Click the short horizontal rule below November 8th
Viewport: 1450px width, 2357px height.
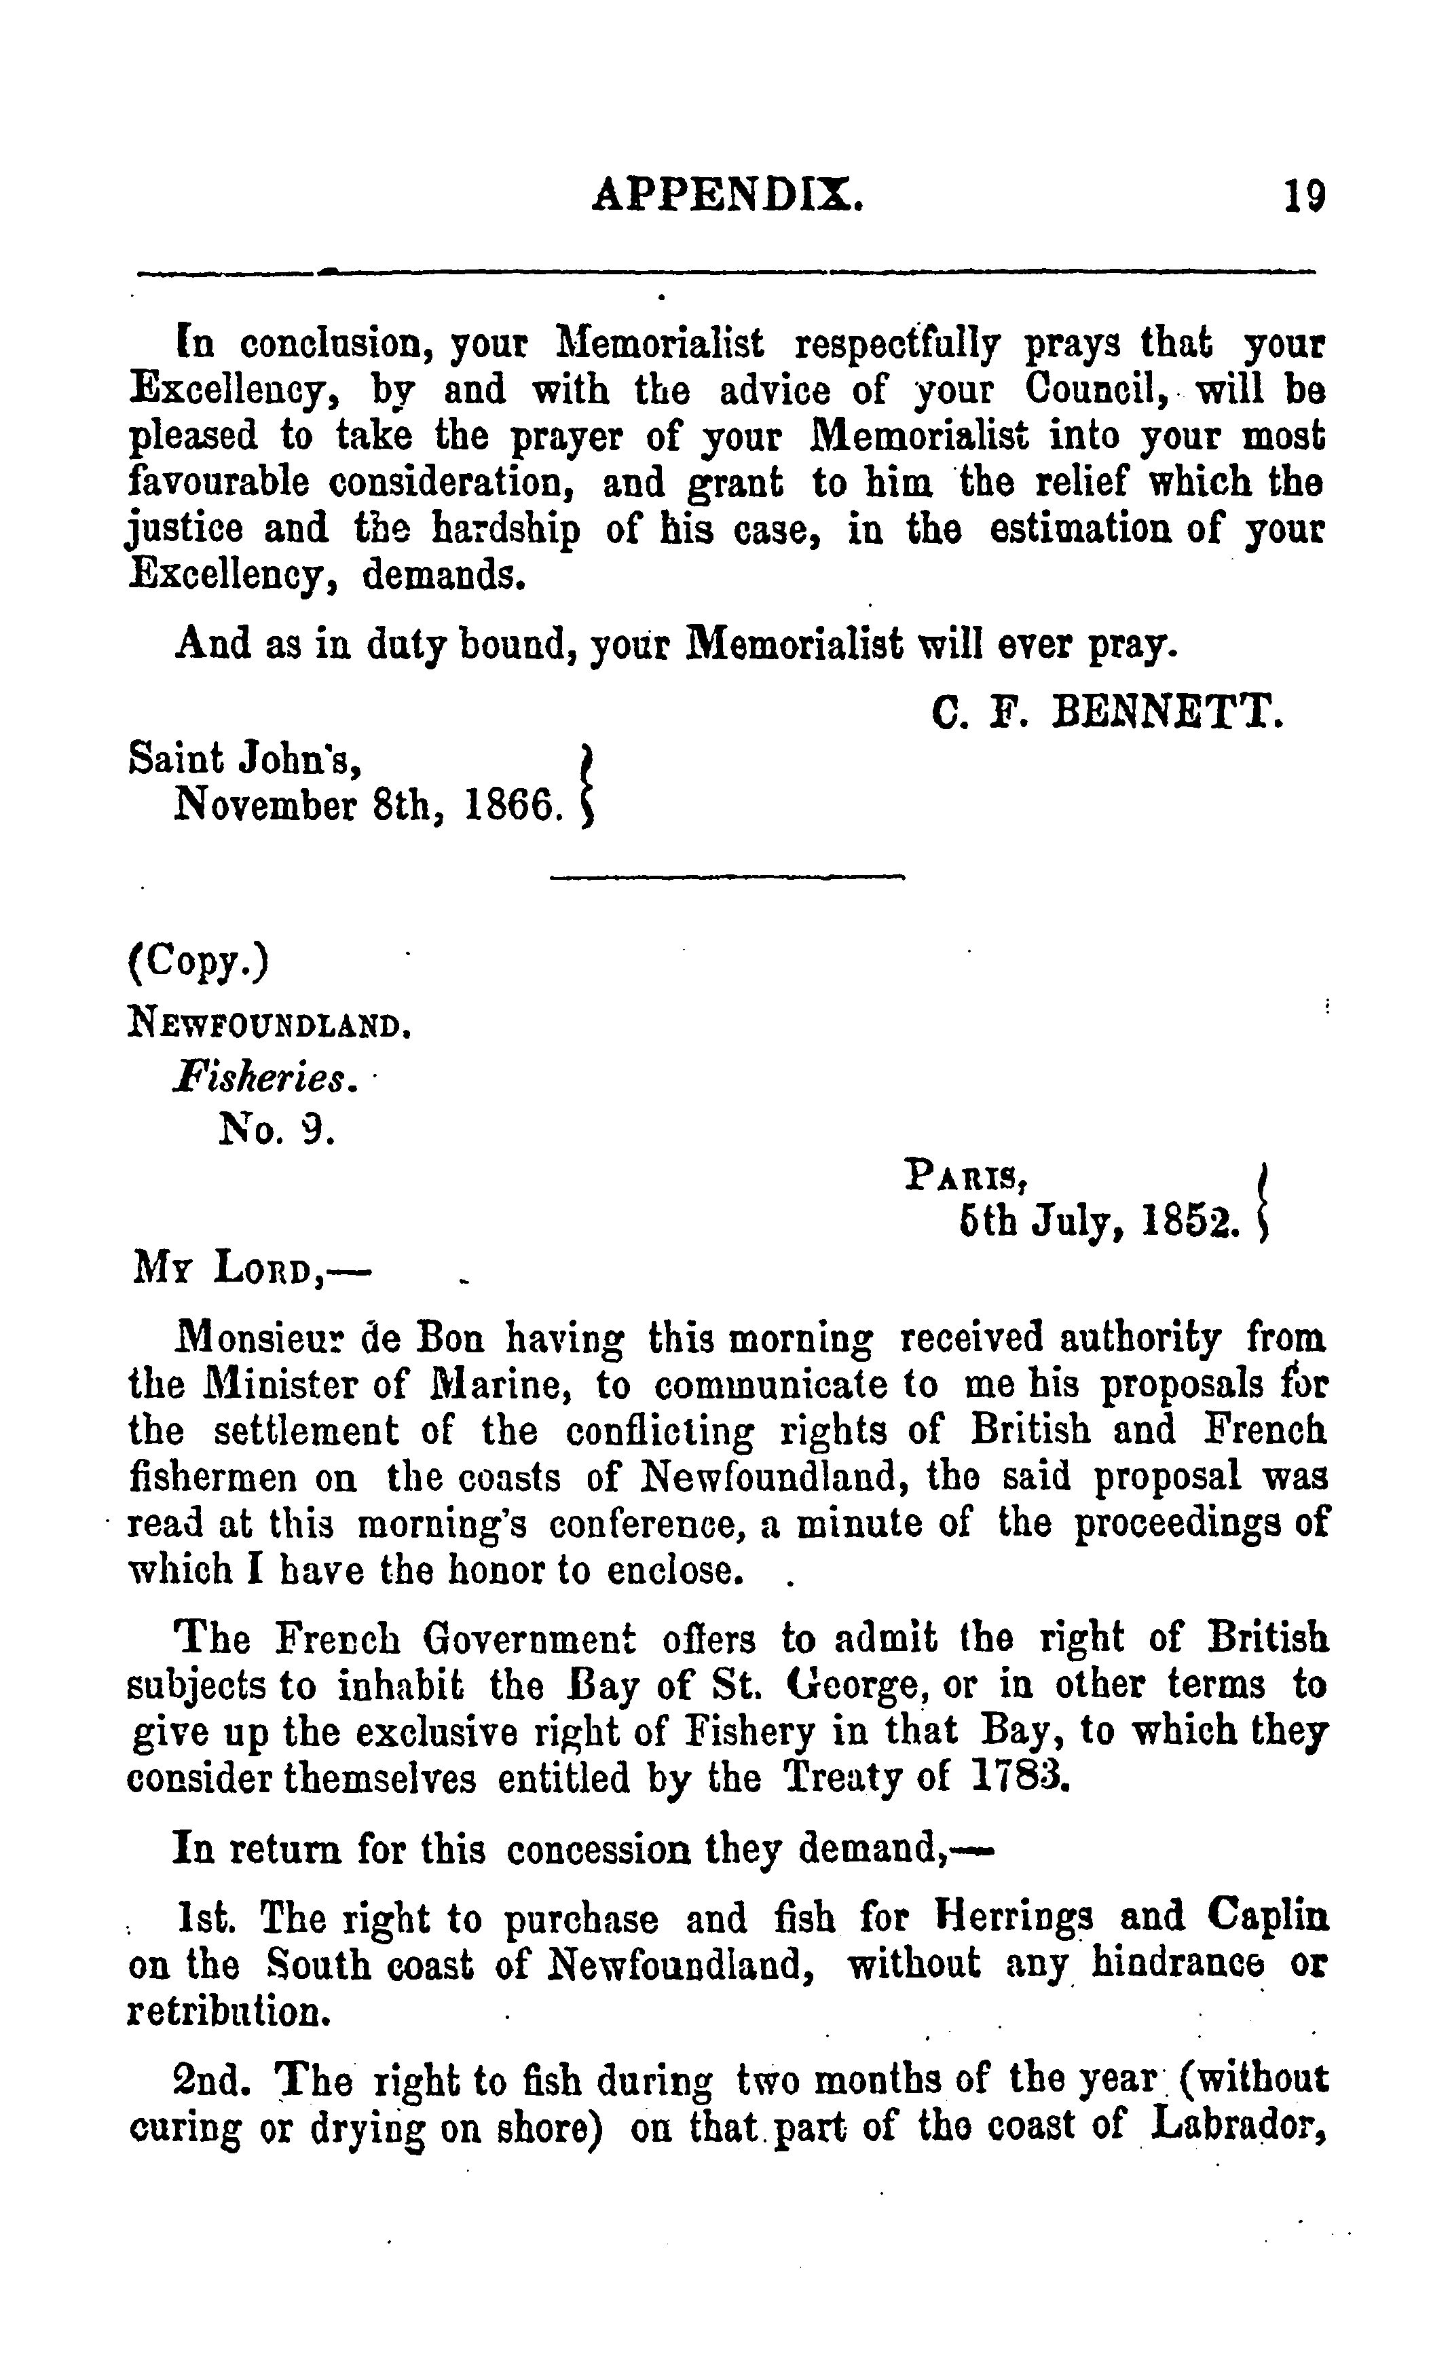[728, 876]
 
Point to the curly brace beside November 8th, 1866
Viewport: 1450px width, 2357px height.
[588, 783]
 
